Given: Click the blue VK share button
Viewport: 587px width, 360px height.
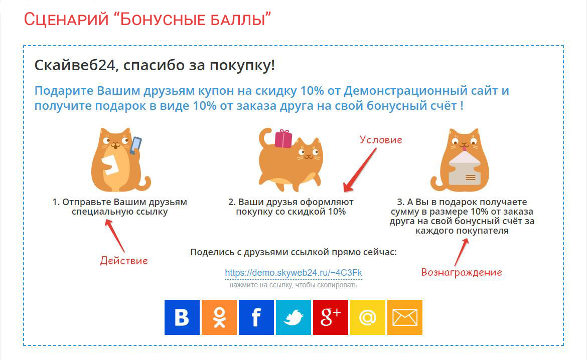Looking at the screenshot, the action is point(182,317).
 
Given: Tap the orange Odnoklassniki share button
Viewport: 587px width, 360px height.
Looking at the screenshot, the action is point(219,317).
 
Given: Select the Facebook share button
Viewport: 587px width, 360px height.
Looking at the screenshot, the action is point(256,317).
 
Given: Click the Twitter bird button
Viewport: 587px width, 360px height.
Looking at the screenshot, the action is point(293,317).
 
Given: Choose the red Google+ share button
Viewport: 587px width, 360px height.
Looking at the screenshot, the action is point(331,317).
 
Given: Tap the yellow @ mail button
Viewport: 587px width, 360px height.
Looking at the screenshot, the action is point(368,317).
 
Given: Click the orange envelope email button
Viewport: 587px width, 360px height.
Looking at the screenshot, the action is point(405,317).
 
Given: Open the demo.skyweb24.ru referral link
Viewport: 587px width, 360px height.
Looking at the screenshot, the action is point(293,273).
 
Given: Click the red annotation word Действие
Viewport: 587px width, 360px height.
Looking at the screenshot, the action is point(124,261).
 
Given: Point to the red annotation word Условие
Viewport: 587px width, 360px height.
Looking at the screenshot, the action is point(381,140).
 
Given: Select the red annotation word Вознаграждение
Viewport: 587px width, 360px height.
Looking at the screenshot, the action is point(462,272).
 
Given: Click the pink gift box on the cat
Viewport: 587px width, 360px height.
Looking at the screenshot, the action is point(283,139).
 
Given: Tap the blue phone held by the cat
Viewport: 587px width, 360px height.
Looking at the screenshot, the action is point(135,145).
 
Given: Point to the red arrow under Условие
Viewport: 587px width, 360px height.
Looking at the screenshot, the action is point(360,170).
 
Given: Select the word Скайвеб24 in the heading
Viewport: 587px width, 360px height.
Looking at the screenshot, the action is point(74,66).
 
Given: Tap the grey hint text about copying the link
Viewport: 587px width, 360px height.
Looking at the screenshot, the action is point(293,285).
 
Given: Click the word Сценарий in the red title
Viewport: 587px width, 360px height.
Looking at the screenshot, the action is point(66,20).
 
